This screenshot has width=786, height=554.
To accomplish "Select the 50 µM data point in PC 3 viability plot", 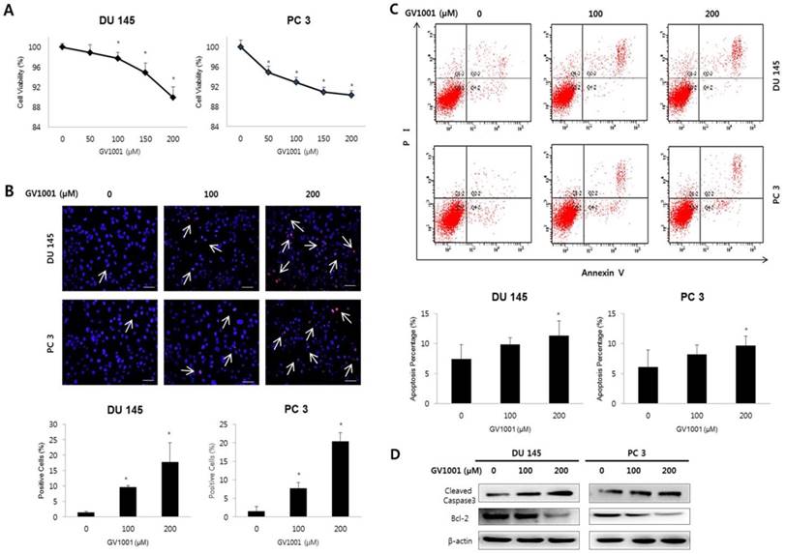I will click(x=269, y=73).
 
